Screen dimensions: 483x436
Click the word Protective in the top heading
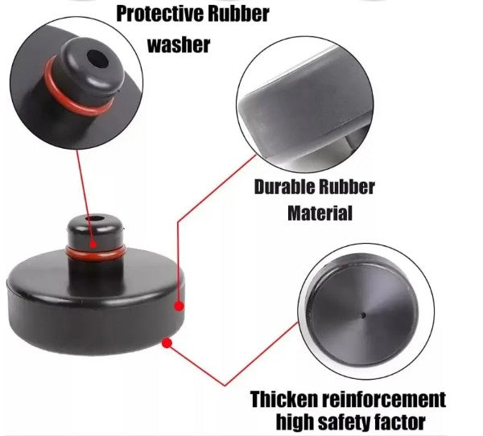coord(159,14)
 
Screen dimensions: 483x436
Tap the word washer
coord(179,45)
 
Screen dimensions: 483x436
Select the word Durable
coord(284,187)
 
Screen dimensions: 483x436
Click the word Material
coord(320,213)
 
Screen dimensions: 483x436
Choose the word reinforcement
coord(384,400)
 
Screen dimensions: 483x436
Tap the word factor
coord(399,422)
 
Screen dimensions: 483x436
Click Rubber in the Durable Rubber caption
coord(346,187)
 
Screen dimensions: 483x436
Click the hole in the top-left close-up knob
coord(97,59)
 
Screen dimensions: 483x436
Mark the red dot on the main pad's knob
coord(93,245)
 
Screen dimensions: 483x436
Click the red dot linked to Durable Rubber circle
coord(179,306)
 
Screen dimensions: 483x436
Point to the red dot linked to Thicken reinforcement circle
coord(167,343)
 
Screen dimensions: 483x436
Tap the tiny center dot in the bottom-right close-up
coord(364,315)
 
